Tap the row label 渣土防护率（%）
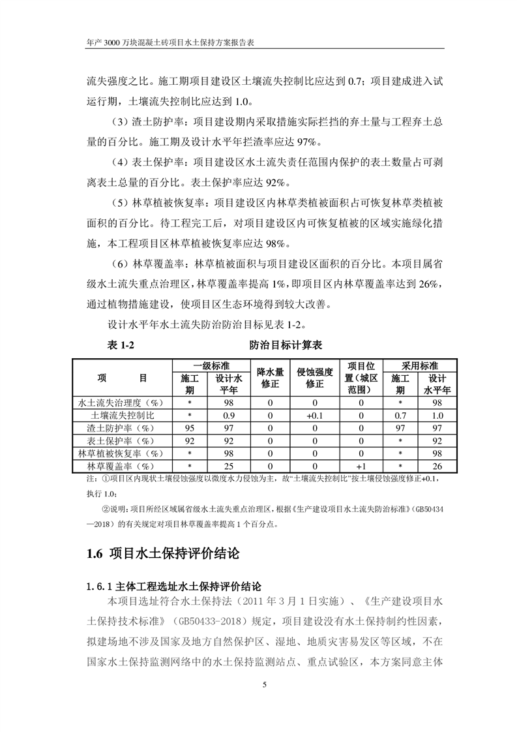[x=123, y=428]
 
